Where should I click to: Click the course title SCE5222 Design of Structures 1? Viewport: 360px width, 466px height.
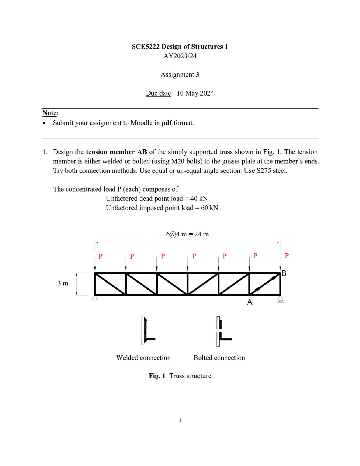tap(180, 47)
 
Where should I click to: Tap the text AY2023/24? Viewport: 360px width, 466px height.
tap(180, 56)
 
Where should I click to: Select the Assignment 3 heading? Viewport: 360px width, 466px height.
tap(180, 75)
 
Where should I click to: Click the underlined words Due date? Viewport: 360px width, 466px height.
tap(159, 93)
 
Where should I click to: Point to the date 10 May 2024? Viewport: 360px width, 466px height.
tap(195, 93)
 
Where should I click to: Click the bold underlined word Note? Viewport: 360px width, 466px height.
tap(49, 113)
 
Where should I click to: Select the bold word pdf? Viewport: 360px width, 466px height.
tap(167, 123)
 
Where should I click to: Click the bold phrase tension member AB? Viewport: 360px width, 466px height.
tap(116, 152)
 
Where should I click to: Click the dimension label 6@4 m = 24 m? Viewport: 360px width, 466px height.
tap(187, 234)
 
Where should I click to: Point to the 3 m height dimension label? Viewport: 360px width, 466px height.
tap(63, 283)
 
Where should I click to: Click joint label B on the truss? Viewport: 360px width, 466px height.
tap(284, 273)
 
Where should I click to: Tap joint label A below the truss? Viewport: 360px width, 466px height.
tap(250, 302)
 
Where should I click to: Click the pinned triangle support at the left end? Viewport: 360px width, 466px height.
tap(95, 298)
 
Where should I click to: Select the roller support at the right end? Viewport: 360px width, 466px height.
tap(280, 299)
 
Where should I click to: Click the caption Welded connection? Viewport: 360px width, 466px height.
tap(143, 358)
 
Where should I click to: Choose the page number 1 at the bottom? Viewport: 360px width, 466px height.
tap(180, 420)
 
